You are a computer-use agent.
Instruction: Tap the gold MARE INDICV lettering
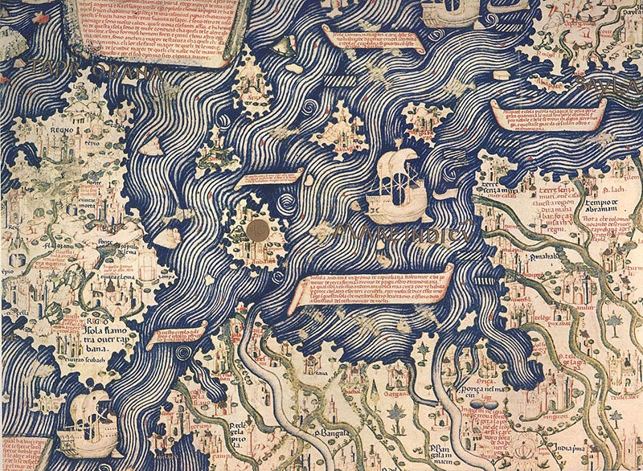pyautogui.click(x=402, y=234)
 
